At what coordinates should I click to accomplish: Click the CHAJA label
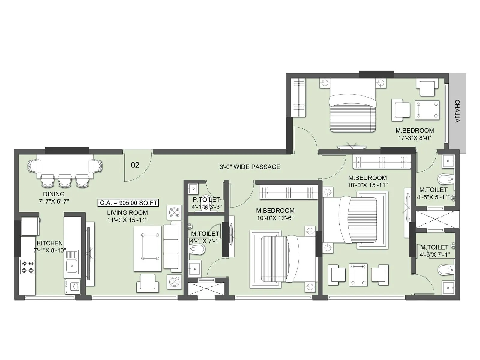(x=457, y=111)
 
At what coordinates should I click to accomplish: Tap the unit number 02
(x=135, y=165)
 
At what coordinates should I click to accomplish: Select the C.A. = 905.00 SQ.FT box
(x=128, y=203)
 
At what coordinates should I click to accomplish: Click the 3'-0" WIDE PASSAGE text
(x=250, y=167)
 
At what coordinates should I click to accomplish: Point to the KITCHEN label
(x=50, y=243)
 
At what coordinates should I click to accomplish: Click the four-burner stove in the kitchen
(x=27, y=267)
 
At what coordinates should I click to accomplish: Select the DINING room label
(x=54, y=194)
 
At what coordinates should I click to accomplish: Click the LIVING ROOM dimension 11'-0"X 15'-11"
(x=127, y=220)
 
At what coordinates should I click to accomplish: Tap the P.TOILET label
(x=206, y=199)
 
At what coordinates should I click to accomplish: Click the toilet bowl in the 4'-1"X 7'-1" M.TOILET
(x=197, y=249)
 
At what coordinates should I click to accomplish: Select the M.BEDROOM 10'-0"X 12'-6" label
(x=275, y=211)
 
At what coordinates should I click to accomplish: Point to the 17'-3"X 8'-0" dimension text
(x=415, y=138)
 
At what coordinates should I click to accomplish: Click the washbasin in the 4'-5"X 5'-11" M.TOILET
(x=448, y=161)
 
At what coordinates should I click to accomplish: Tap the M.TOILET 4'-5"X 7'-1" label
(x=434, y=247)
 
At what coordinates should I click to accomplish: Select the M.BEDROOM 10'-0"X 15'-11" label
(x=367, y=178)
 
